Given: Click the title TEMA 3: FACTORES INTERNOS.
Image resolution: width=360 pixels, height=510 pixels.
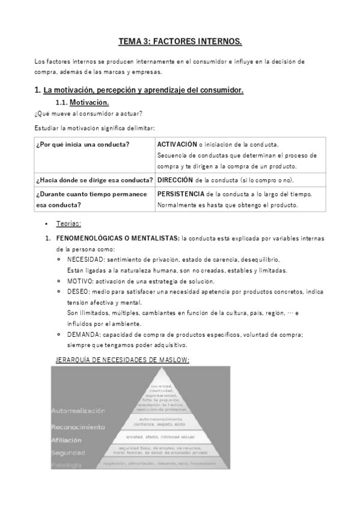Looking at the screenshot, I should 180,41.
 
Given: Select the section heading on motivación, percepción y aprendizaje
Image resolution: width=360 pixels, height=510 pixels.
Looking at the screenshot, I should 139,90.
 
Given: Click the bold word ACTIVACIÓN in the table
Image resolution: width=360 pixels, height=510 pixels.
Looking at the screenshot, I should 177,144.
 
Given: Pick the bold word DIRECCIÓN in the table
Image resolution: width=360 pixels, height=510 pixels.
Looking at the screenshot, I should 175,180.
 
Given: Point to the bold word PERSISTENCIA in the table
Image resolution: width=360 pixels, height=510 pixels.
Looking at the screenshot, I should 180,194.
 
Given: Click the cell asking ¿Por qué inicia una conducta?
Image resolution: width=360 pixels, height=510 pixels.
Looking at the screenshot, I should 83,144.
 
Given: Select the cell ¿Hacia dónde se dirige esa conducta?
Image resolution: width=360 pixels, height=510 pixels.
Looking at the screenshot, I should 94,180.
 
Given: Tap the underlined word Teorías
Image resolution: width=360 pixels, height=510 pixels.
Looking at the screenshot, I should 69,224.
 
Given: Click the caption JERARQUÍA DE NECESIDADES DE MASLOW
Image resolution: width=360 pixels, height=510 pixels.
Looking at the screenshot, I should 122,360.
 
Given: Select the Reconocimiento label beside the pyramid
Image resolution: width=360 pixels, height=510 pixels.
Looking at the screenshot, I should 78,428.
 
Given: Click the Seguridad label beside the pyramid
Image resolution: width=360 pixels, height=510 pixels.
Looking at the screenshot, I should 69,452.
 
